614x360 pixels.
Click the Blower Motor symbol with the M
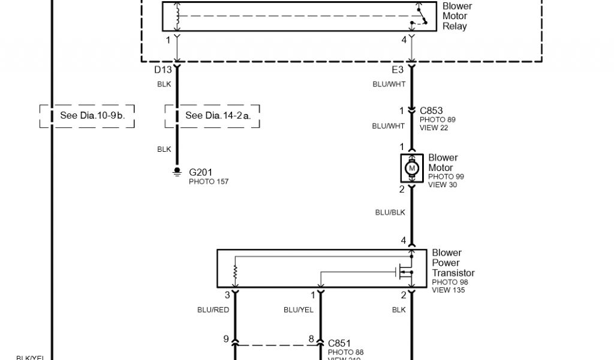(x=412, y=168)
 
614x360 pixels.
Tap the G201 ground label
(x=200, y=172)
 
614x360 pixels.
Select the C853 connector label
(x=431, y=110)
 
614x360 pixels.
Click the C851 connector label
(x=339, y=343)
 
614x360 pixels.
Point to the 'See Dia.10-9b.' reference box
(x=88, y=116)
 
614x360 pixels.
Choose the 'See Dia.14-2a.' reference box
(x=213, y=116)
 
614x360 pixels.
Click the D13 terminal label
(x=163, y=70)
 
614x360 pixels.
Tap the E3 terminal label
(x=398, y=70)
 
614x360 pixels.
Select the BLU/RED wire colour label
(x=213, y=310)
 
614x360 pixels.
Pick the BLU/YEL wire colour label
(x=298, y=310)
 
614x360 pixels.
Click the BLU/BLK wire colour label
(x=390, y=212)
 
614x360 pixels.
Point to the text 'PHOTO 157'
(x=209, y=181)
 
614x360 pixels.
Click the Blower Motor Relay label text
(x=457, y=16)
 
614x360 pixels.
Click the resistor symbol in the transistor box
(x=235, y=274)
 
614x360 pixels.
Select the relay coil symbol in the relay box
(x=177, y=16)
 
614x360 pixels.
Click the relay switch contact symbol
(x=420, y=16)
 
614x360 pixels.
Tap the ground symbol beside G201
(x=177, y=172)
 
